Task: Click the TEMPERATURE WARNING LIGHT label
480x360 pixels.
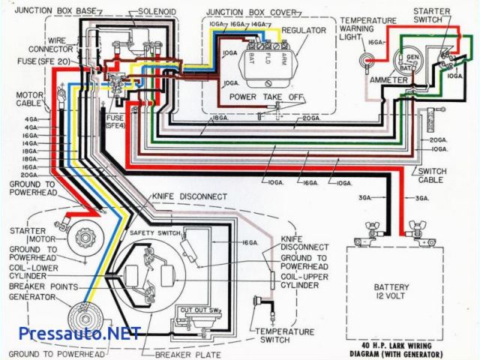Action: click(367, 28)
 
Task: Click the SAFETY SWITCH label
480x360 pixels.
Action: click(151, 233)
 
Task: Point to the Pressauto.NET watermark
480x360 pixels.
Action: click(70, 332)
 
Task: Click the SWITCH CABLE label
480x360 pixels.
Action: click(431, 176)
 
